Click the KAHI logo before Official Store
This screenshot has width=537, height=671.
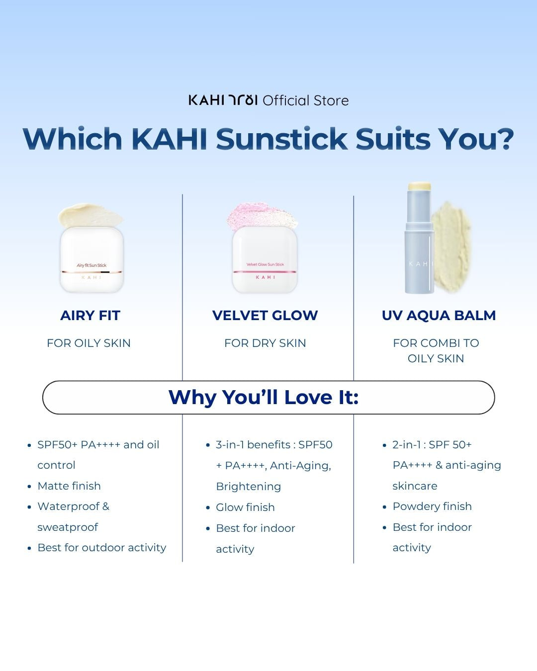click(223, 100)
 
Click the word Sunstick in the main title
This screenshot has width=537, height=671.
click(281, 139)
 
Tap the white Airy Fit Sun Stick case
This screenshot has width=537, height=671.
click(91, 259)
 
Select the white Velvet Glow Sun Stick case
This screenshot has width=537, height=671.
click(265, 259)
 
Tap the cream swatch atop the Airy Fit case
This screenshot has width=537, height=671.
click(90, 215)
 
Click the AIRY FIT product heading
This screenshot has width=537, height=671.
click(90, 315)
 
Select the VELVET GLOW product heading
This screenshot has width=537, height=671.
click(265, 315)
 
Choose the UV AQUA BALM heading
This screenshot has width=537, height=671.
click(439, 315)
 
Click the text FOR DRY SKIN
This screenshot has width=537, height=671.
click(265, 343)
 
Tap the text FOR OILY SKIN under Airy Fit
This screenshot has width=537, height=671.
click(89, 343)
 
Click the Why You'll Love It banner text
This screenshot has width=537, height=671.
click(264, 397)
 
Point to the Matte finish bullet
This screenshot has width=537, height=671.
click(69, 486)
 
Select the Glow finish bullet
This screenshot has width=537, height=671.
click(245, 507)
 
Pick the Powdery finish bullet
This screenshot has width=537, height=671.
click(432, 506)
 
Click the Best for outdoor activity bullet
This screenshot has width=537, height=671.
click(102, 547)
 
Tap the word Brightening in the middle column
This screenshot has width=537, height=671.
click(248, 486)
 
